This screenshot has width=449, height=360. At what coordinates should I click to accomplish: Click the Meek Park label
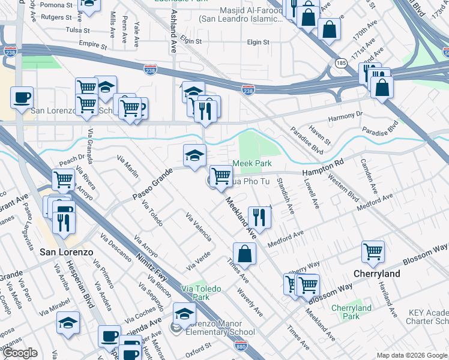point(252,163)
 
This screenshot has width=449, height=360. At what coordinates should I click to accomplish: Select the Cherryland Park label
point(352,312)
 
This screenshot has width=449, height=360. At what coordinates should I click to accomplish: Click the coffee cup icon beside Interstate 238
point(22,97)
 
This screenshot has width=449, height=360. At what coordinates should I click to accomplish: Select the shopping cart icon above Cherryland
point(373,252)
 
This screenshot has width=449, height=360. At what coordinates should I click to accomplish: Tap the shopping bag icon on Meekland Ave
point(244,253)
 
